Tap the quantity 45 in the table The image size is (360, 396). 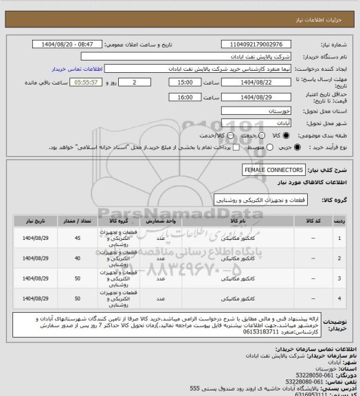[76, 238]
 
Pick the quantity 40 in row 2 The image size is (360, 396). [76, 258]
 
